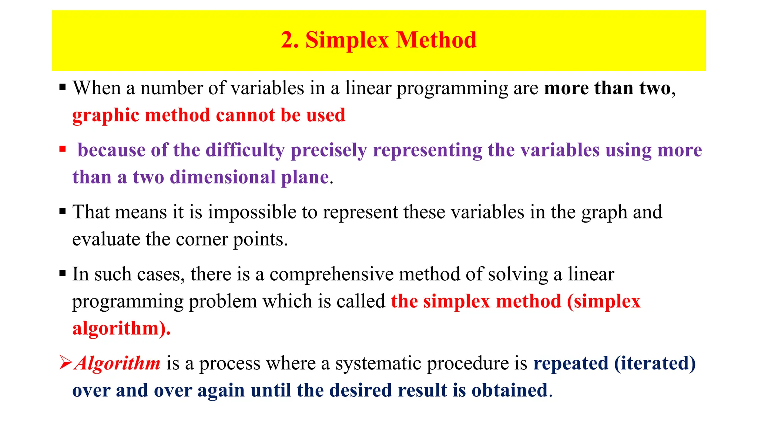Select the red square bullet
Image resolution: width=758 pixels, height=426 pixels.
tap(63, 149)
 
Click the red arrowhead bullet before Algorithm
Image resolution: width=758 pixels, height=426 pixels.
tap(66, 362)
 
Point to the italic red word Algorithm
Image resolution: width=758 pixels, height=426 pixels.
tap(117, 363)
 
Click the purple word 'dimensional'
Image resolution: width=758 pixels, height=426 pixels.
tap(222, 177)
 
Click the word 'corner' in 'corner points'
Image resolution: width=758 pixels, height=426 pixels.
tap(201, 240)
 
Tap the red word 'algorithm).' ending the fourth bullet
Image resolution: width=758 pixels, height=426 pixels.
tap(121, 328)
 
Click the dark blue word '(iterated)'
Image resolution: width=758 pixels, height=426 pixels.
tap(655, 363)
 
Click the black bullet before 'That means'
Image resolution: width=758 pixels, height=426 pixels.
tap(63, 212)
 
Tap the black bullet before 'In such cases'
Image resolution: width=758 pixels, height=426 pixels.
tap(63, 274)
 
